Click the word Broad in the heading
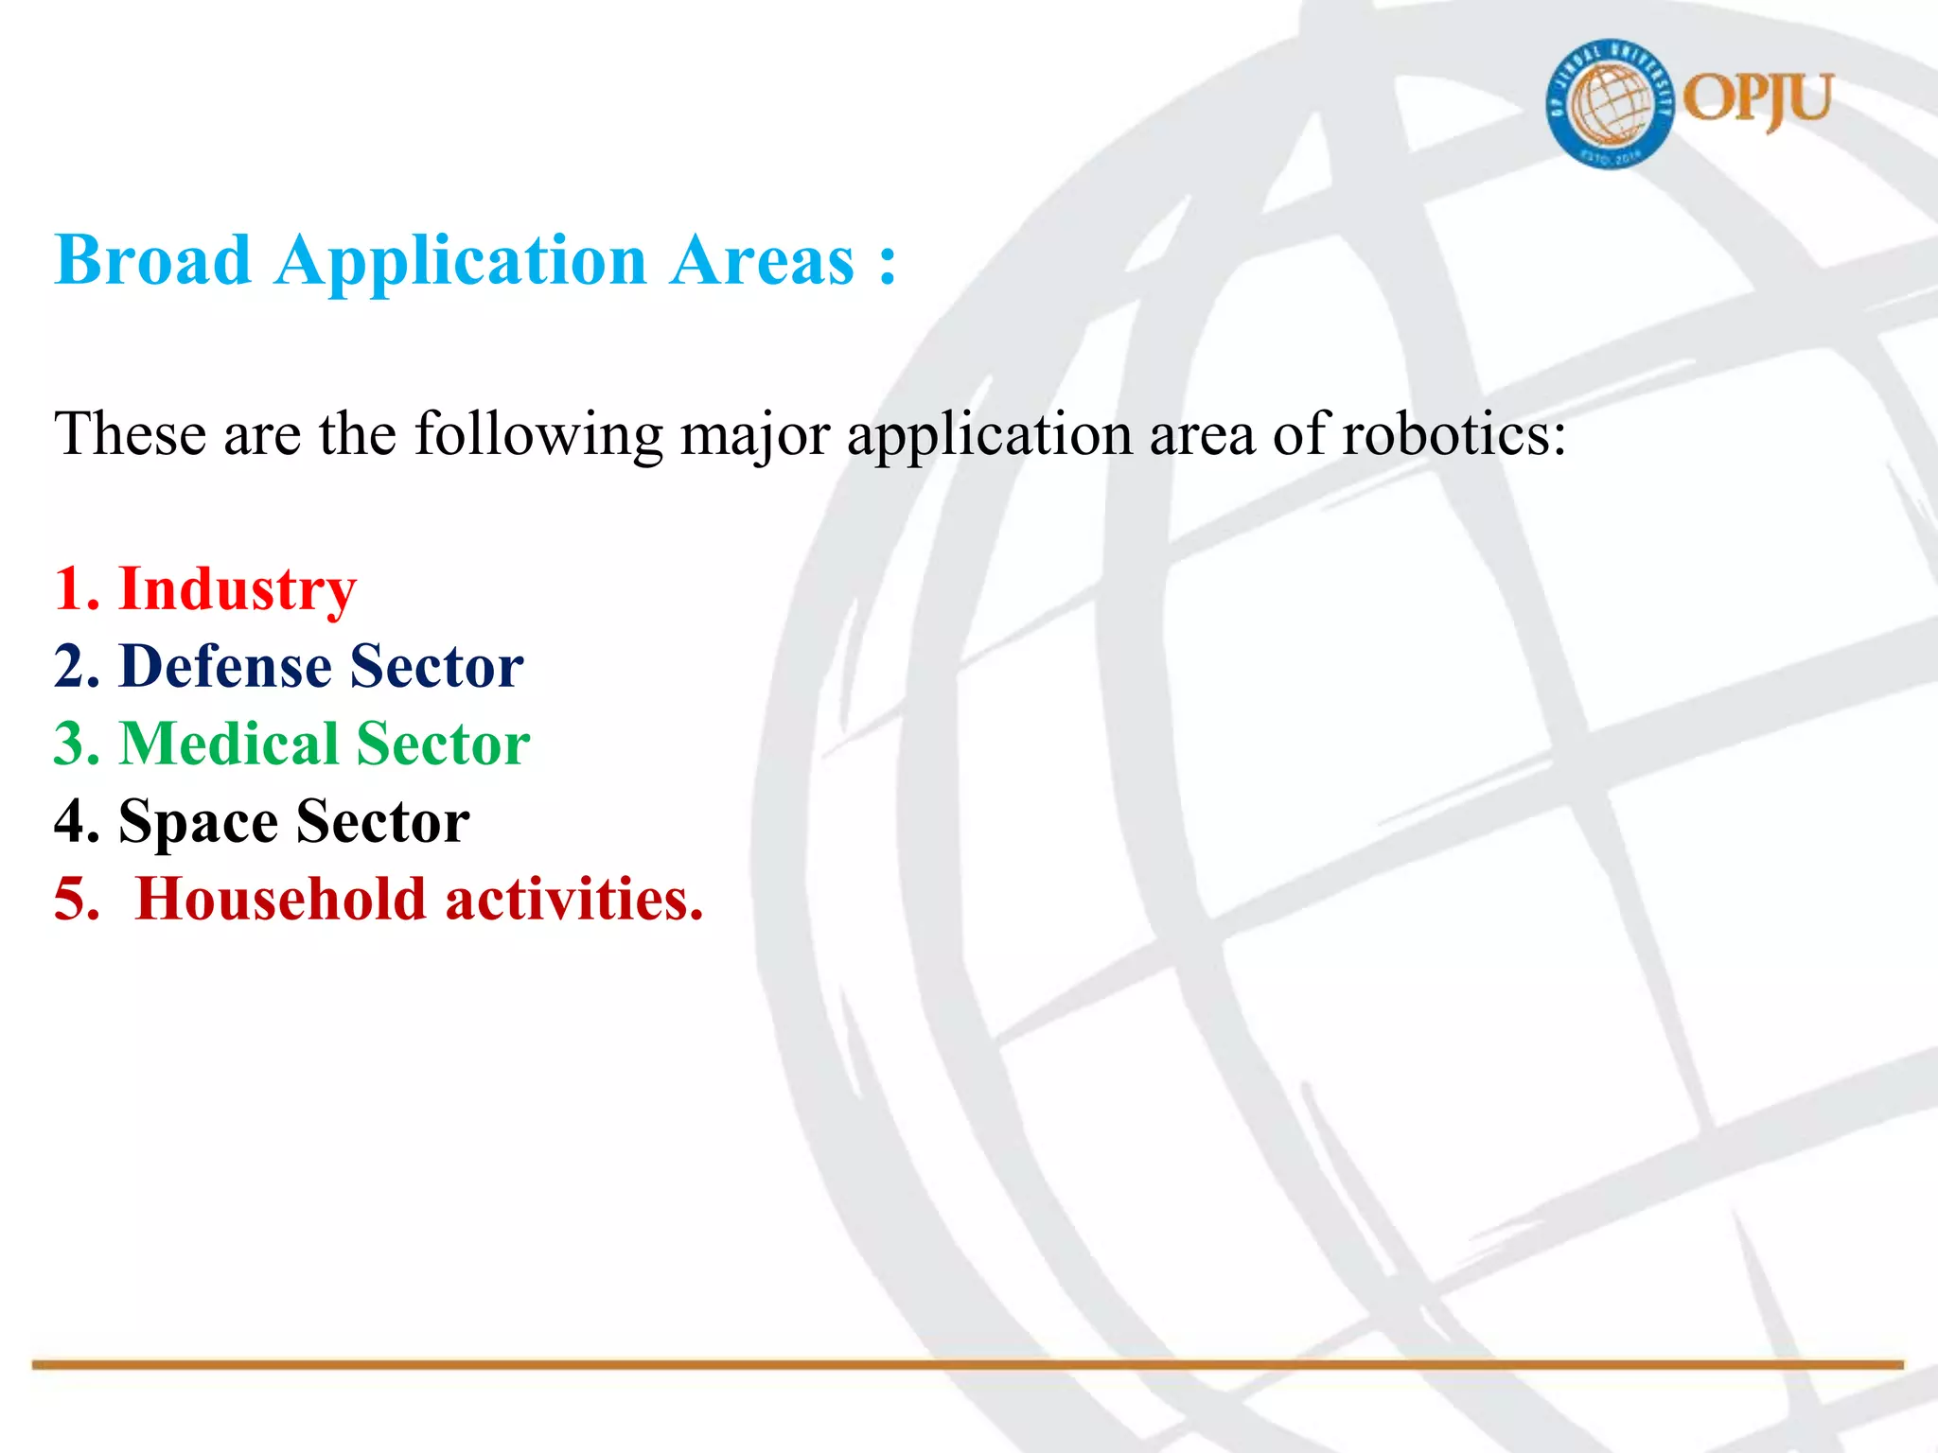click(153, 260)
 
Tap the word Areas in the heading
click(763, 260)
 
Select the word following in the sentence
click(539, 435)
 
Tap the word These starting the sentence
click(131, 435)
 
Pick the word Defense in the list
click(225, 666)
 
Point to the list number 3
click(74, 744)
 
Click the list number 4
click(74, 821)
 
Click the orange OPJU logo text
click(1758, 100)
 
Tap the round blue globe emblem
click(1610, 104)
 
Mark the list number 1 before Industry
click(72, 589)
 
